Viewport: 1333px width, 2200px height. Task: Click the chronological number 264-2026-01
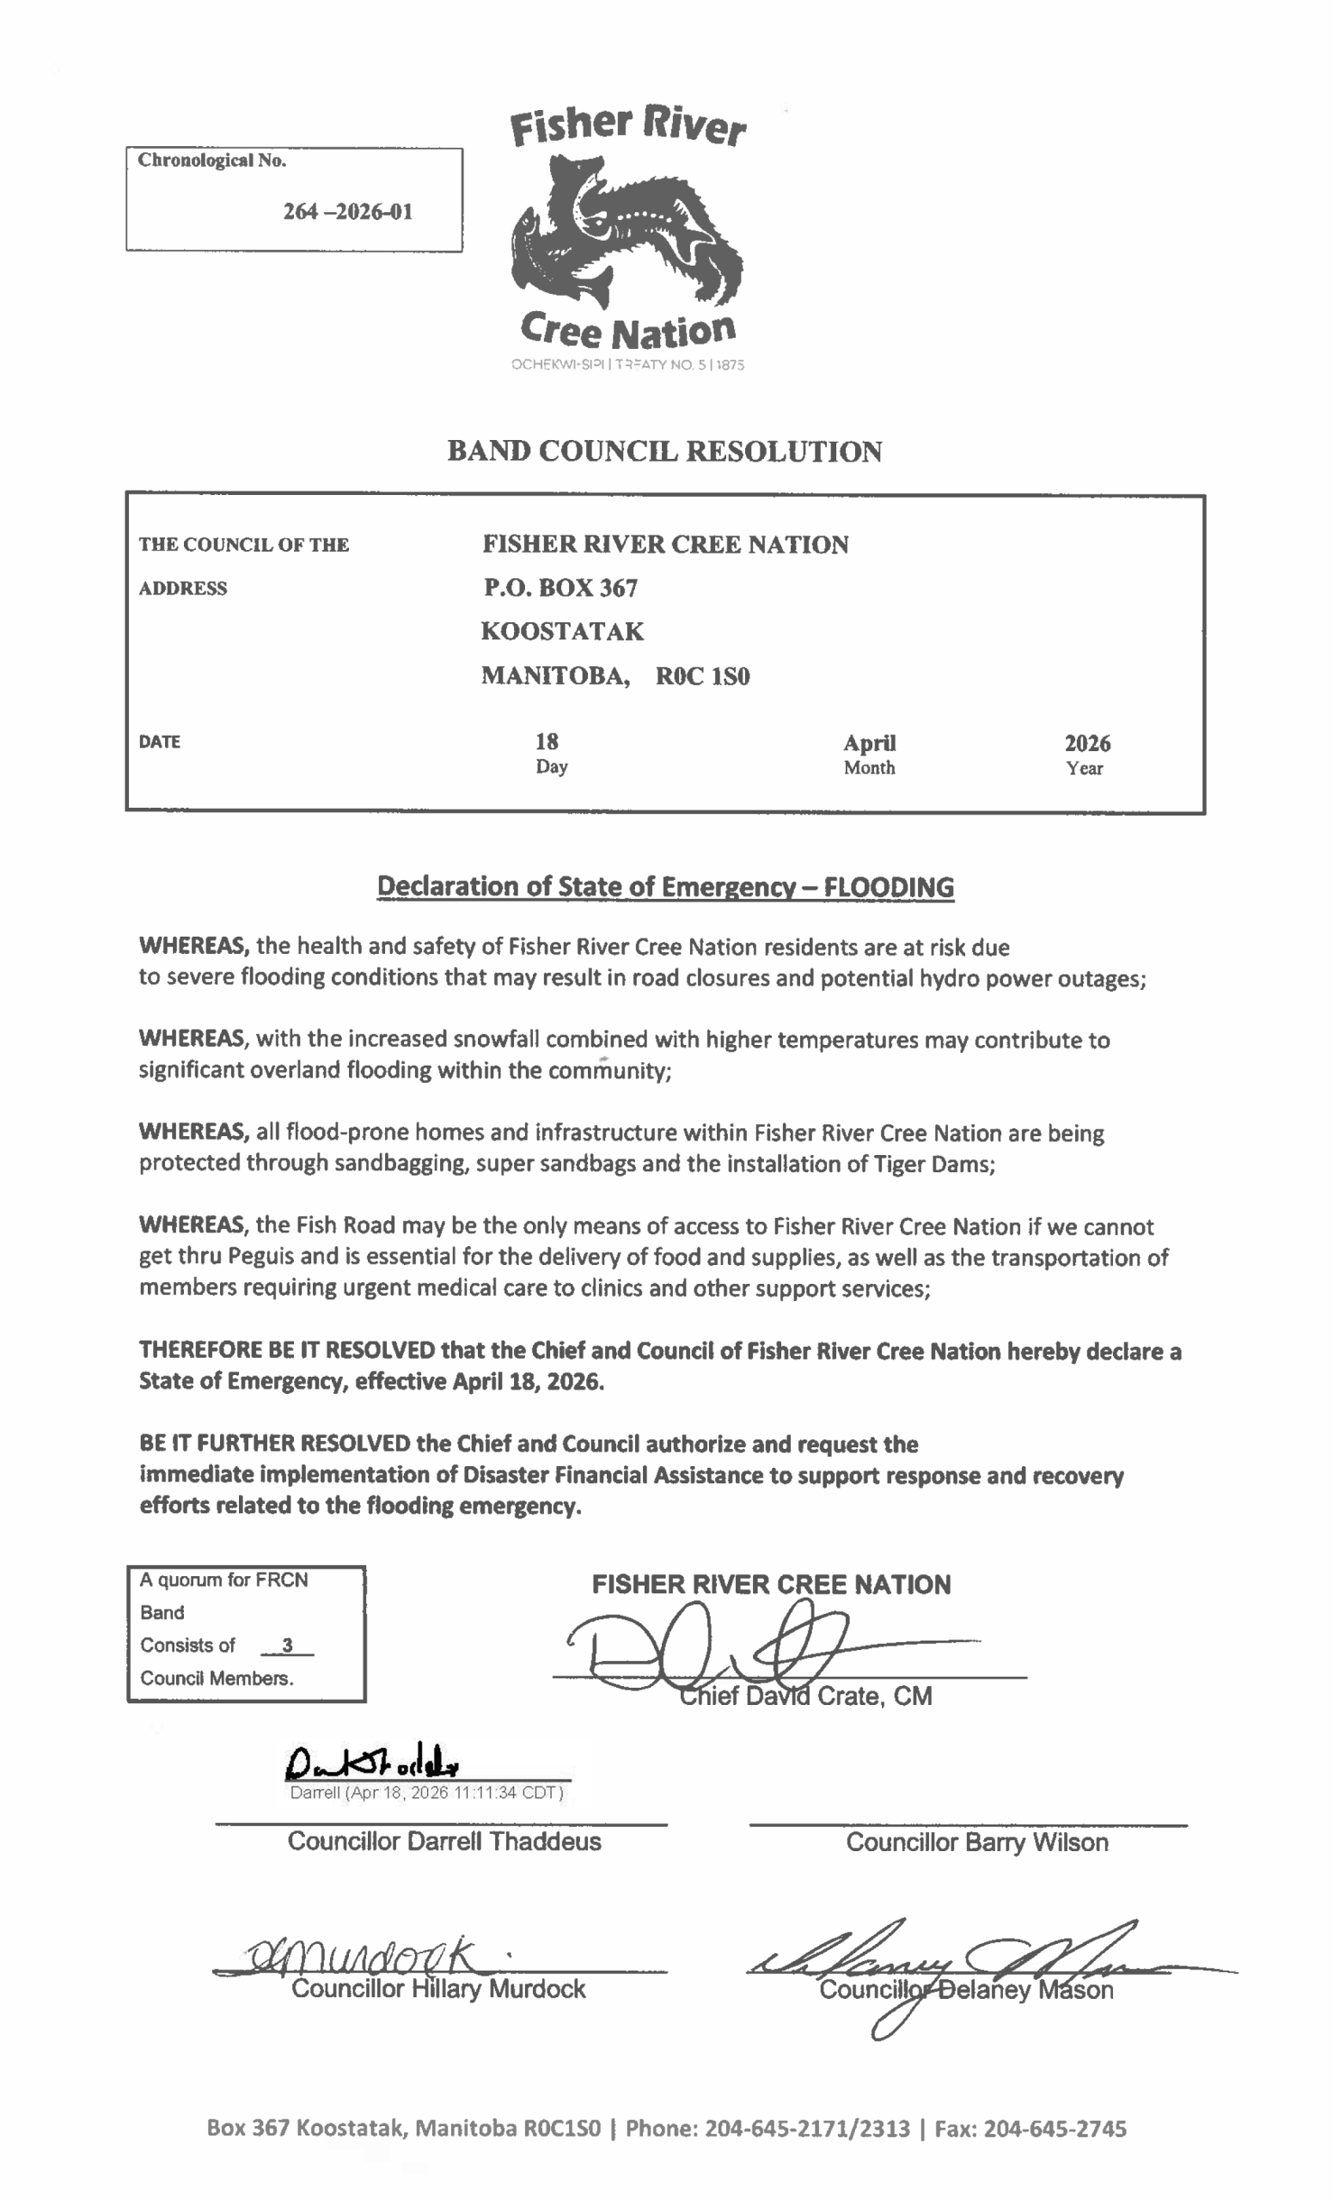347,211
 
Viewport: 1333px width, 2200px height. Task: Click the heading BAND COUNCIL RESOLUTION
664,451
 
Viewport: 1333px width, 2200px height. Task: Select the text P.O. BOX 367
560,588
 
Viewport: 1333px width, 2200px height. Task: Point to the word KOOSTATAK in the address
561,632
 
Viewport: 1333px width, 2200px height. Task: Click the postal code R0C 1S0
703,675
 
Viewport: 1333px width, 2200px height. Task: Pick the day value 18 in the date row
547,741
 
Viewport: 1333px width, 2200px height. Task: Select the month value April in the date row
869,742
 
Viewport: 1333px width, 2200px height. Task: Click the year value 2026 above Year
1086,742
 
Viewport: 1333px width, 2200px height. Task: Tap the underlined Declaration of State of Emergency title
665,887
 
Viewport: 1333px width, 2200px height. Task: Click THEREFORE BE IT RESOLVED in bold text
286,1350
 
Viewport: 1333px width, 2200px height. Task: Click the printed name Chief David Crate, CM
805,1696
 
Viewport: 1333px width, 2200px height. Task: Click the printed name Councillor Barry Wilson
976,1842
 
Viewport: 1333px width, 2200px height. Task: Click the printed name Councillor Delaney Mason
966,1990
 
